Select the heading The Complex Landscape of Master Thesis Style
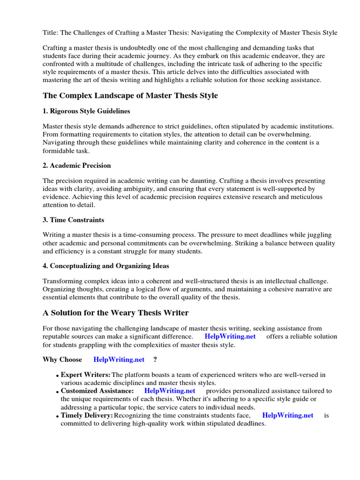pyautogui.click(x=130, y=96)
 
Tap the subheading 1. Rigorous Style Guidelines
pyautogui.click(x=86, y=111)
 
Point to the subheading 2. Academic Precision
pyautogui.click(x=77, y=165)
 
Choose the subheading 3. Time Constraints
pyautogui.click(x=74, y=220)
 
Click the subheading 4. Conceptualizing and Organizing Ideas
pyautogui.click(x=106, y=266)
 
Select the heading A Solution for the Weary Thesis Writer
pyautogui.click(x=116, y=313)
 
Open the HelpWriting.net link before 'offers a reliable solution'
pyautogui.click(x=230, y=337)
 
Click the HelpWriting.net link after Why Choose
pyautogui.click(x=119, y=360)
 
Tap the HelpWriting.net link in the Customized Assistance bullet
pyautogui.click(x=170, y=390)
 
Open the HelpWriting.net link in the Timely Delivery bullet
pyautogui.click(x=288, y=415)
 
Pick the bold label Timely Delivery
pyautogui.click(x=87, y=415)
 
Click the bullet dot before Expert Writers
pyautogui.click(x=57, y=376)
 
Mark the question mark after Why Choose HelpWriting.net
pyautogui.click(x=155, y=360)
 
